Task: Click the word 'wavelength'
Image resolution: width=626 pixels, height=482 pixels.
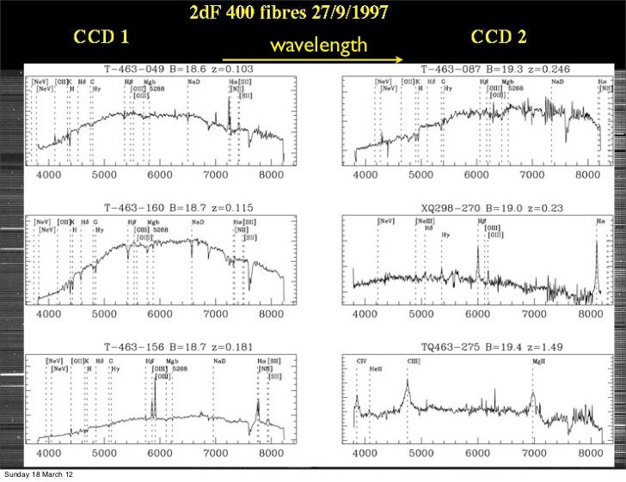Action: tap(318, 45)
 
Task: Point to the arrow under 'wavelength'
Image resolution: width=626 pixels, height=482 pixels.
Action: tap(313, 59)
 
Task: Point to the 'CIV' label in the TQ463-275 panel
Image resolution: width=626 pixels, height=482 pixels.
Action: tap(361, 362)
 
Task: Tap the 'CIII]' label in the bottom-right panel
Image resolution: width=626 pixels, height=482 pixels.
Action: tap(414, 362)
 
